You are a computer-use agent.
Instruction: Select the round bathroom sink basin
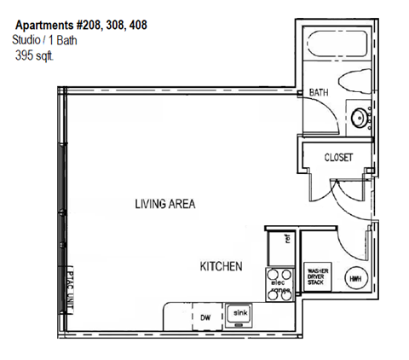point(359,118)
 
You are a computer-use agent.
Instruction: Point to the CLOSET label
point(337,158)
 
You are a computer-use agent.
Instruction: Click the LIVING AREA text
point(165,204)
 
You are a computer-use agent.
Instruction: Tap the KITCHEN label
point(222,266)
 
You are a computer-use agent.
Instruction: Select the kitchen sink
point(240,314)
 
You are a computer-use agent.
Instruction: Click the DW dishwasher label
point(204,316)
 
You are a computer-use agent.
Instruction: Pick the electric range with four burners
point(279,283)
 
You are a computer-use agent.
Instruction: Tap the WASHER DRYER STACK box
point(318,277)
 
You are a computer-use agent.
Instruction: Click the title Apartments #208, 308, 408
point(81,25)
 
